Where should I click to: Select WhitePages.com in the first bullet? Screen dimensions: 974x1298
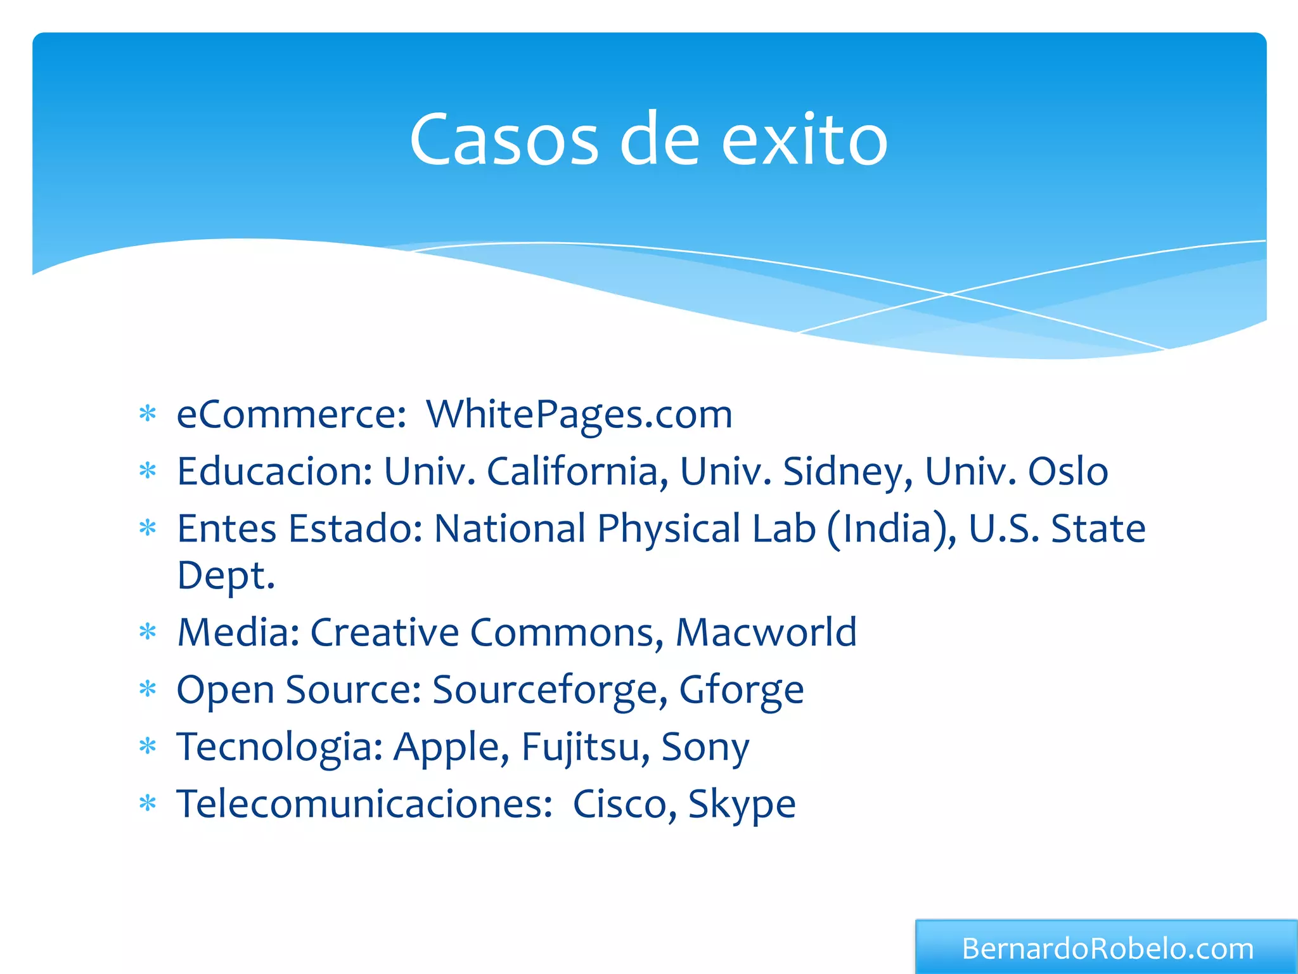(x=579, y=415)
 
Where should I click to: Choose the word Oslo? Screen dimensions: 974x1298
(x=1068, y=472)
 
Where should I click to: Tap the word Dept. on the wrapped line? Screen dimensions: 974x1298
(x=226, y=576)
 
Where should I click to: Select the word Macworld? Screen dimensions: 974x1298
(x=766, y=633)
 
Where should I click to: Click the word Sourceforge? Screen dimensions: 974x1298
(x=549, y=690)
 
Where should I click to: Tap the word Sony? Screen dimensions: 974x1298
(x=705, y=747)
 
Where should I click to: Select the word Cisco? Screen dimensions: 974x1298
(x=619, y=804)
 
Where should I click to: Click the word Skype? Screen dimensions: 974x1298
(x=742, y=804)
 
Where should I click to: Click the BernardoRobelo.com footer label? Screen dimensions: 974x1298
(x=1107, y=949)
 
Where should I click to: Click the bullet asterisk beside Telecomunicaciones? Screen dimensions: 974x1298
(x=148, y=804)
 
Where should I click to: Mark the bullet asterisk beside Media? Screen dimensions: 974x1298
(x=148, y=632)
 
